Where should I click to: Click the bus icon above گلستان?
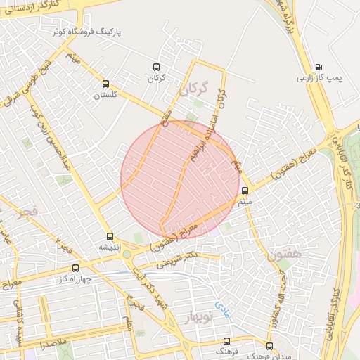[105, 83]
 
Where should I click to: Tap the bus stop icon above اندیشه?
[109, 237]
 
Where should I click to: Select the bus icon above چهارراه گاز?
[75, 268]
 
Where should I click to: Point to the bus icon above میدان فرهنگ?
[269, 346]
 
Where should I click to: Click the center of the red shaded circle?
[180, 179]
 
